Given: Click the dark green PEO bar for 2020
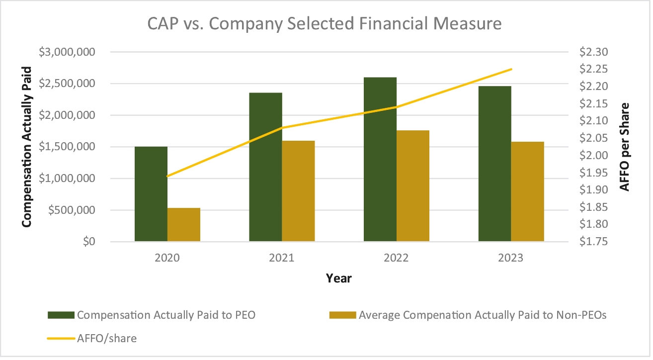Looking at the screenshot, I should point(151,194).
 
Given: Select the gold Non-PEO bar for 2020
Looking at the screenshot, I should point(184,225).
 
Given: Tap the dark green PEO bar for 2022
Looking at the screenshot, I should point(380,159).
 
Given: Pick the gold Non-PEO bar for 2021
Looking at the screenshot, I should point(298,191).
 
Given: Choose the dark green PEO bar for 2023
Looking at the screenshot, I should point(494,164).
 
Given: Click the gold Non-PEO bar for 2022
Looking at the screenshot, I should point(413,186).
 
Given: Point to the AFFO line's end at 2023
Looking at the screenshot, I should point(511,69).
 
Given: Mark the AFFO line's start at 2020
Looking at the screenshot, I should point(168,176).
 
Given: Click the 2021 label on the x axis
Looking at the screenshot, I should point(282,258).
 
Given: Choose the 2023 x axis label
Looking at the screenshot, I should point(511,258).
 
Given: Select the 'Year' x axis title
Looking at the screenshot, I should point(338,278).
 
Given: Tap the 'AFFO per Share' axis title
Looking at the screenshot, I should point(626,147).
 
